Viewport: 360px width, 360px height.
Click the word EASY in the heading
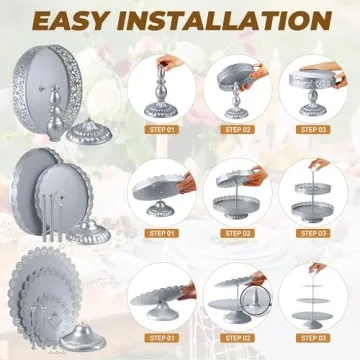coord(70,21)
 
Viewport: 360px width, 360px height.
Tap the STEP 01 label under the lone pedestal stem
coord(162,130)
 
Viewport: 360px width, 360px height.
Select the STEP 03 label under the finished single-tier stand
coord(313,130)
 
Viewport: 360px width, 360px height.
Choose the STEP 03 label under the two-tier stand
coord(313,233)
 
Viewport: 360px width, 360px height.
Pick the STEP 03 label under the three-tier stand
coord(313,338)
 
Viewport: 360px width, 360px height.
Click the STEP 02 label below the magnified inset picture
coord(237,338)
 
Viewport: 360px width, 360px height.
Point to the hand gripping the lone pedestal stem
coord(169,61)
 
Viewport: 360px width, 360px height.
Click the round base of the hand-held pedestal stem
coord(161,110)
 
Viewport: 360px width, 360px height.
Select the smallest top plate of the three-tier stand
coord(313,286)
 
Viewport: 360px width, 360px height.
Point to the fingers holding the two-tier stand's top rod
coord(319,164)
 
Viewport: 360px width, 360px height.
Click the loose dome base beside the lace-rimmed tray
coord(89,132)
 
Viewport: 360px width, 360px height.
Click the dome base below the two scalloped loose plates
coord(88,232)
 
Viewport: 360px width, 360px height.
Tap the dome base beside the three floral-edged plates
coord(83,337)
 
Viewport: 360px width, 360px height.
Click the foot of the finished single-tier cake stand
coord(312,109)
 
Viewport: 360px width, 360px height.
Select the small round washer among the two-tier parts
coord(61,195)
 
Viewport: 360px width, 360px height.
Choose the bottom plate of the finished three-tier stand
coord(312,315)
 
